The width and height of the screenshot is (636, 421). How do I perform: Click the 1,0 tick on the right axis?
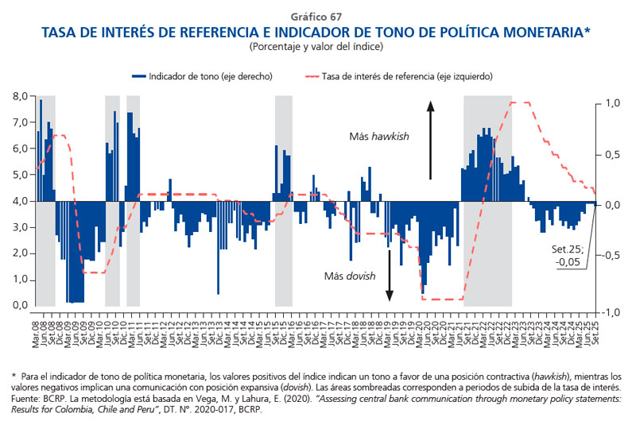[x=610, y=103]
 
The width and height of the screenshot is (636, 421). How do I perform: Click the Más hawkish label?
[x=379, y=137]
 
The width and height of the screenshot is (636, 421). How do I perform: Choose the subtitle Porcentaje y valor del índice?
[x=317, y=46]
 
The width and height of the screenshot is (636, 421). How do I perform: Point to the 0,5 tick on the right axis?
[x=610, y=154]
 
